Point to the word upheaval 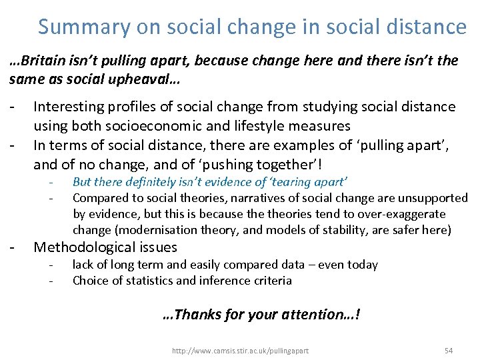(x=153, y=79)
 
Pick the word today (x=361, y=265)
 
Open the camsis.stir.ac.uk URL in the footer (x=240, y=350)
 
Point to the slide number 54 (x=448, y=350)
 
